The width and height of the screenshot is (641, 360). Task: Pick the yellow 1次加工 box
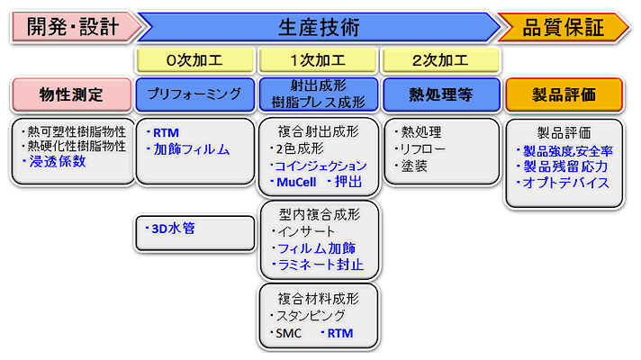318,61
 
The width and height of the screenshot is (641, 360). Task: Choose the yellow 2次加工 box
441,61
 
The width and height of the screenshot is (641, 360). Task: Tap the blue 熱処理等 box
441,94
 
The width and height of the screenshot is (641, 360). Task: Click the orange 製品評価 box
564,94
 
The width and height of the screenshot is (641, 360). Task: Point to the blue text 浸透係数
59,161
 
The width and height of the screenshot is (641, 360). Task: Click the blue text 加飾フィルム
192,149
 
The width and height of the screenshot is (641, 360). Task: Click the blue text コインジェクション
321,166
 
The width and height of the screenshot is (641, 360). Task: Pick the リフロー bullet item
420,149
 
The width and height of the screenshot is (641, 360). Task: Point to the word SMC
288,334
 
